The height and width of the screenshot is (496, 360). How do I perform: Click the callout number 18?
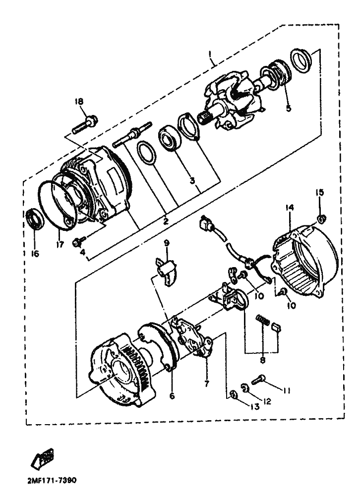pos(79,102)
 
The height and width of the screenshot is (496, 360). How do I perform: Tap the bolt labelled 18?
pos(85,125)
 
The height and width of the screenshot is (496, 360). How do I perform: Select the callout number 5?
pos(288,108)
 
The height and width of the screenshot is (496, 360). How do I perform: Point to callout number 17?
pos(60,244)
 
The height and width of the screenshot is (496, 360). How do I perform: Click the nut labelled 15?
pos(321,219)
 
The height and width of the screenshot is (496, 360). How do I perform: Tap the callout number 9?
pos(167,243)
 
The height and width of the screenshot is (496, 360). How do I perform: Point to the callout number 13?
pos(255,406)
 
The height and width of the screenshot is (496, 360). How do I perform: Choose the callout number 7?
pos(207,384)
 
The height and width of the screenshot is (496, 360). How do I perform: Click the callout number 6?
pos(172,396)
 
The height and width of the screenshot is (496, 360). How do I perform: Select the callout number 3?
pos(192,181)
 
